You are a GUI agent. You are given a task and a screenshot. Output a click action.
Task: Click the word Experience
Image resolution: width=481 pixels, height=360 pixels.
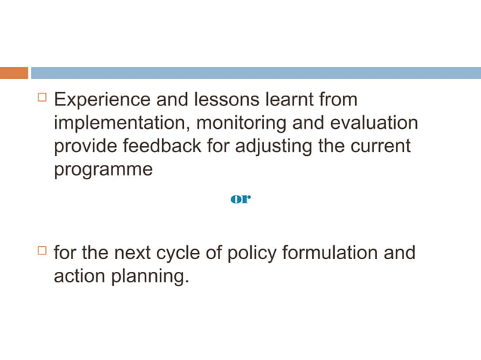[x=103, y=100]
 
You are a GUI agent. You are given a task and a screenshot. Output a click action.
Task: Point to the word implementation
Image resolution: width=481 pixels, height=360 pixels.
[x=121, y=123]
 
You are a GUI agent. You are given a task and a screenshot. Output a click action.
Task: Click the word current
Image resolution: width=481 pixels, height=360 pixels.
[x=381, y=145]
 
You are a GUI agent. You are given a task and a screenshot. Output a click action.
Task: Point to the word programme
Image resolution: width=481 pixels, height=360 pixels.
[x=103, y=169]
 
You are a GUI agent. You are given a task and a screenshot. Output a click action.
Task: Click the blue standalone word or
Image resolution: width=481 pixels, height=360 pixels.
[x=240, y=199]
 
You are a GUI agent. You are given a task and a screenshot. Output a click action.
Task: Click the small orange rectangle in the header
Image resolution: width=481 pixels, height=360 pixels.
[x=14, y=73]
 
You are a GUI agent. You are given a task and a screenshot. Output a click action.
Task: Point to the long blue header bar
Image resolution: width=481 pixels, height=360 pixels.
[x=256, y=73]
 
